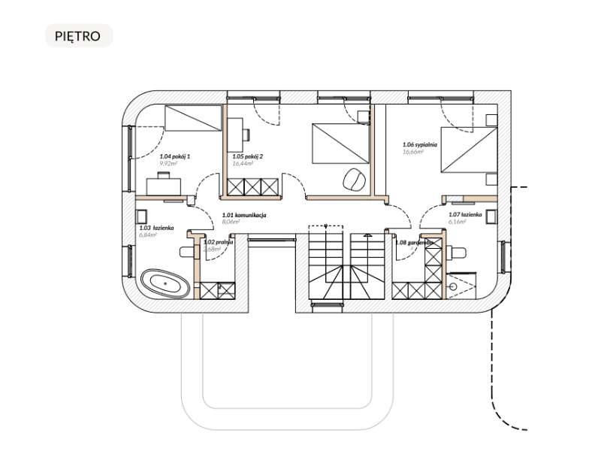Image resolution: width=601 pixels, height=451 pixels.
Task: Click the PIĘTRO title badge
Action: [x=78, y=35]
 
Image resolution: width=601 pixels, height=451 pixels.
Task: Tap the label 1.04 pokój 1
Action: [x=175, y=156]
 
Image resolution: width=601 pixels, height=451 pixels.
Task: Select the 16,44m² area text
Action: [x=243, y=162]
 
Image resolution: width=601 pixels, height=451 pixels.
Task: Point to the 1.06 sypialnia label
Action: [x=420, y=144]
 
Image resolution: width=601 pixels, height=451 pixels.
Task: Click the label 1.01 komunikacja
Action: [x=245, y=215]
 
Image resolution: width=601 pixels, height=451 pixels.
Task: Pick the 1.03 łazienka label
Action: [x=156, y=227]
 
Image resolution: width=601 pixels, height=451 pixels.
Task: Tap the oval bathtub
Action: [x=168, y=285]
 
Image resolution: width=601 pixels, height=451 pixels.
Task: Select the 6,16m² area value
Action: [x=458, y=222]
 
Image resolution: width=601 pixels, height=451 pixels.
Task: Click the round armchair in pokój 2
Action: [x=353, y=179]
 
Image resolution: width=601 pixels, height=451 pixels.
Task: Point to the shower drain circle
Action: [x=453, y=286]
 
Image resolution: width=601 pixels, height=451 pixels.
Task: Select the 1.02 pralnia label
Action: [x=219, y=243]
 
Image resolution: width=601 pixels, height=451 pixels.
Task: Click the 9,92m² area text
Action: [x=169, y=163]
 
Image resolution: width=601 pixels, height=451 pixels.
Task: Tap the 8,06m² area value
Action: [x=231, y=222]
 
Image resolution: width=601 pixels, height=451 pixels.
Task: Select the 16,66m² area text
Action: [x=414, y=152]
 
